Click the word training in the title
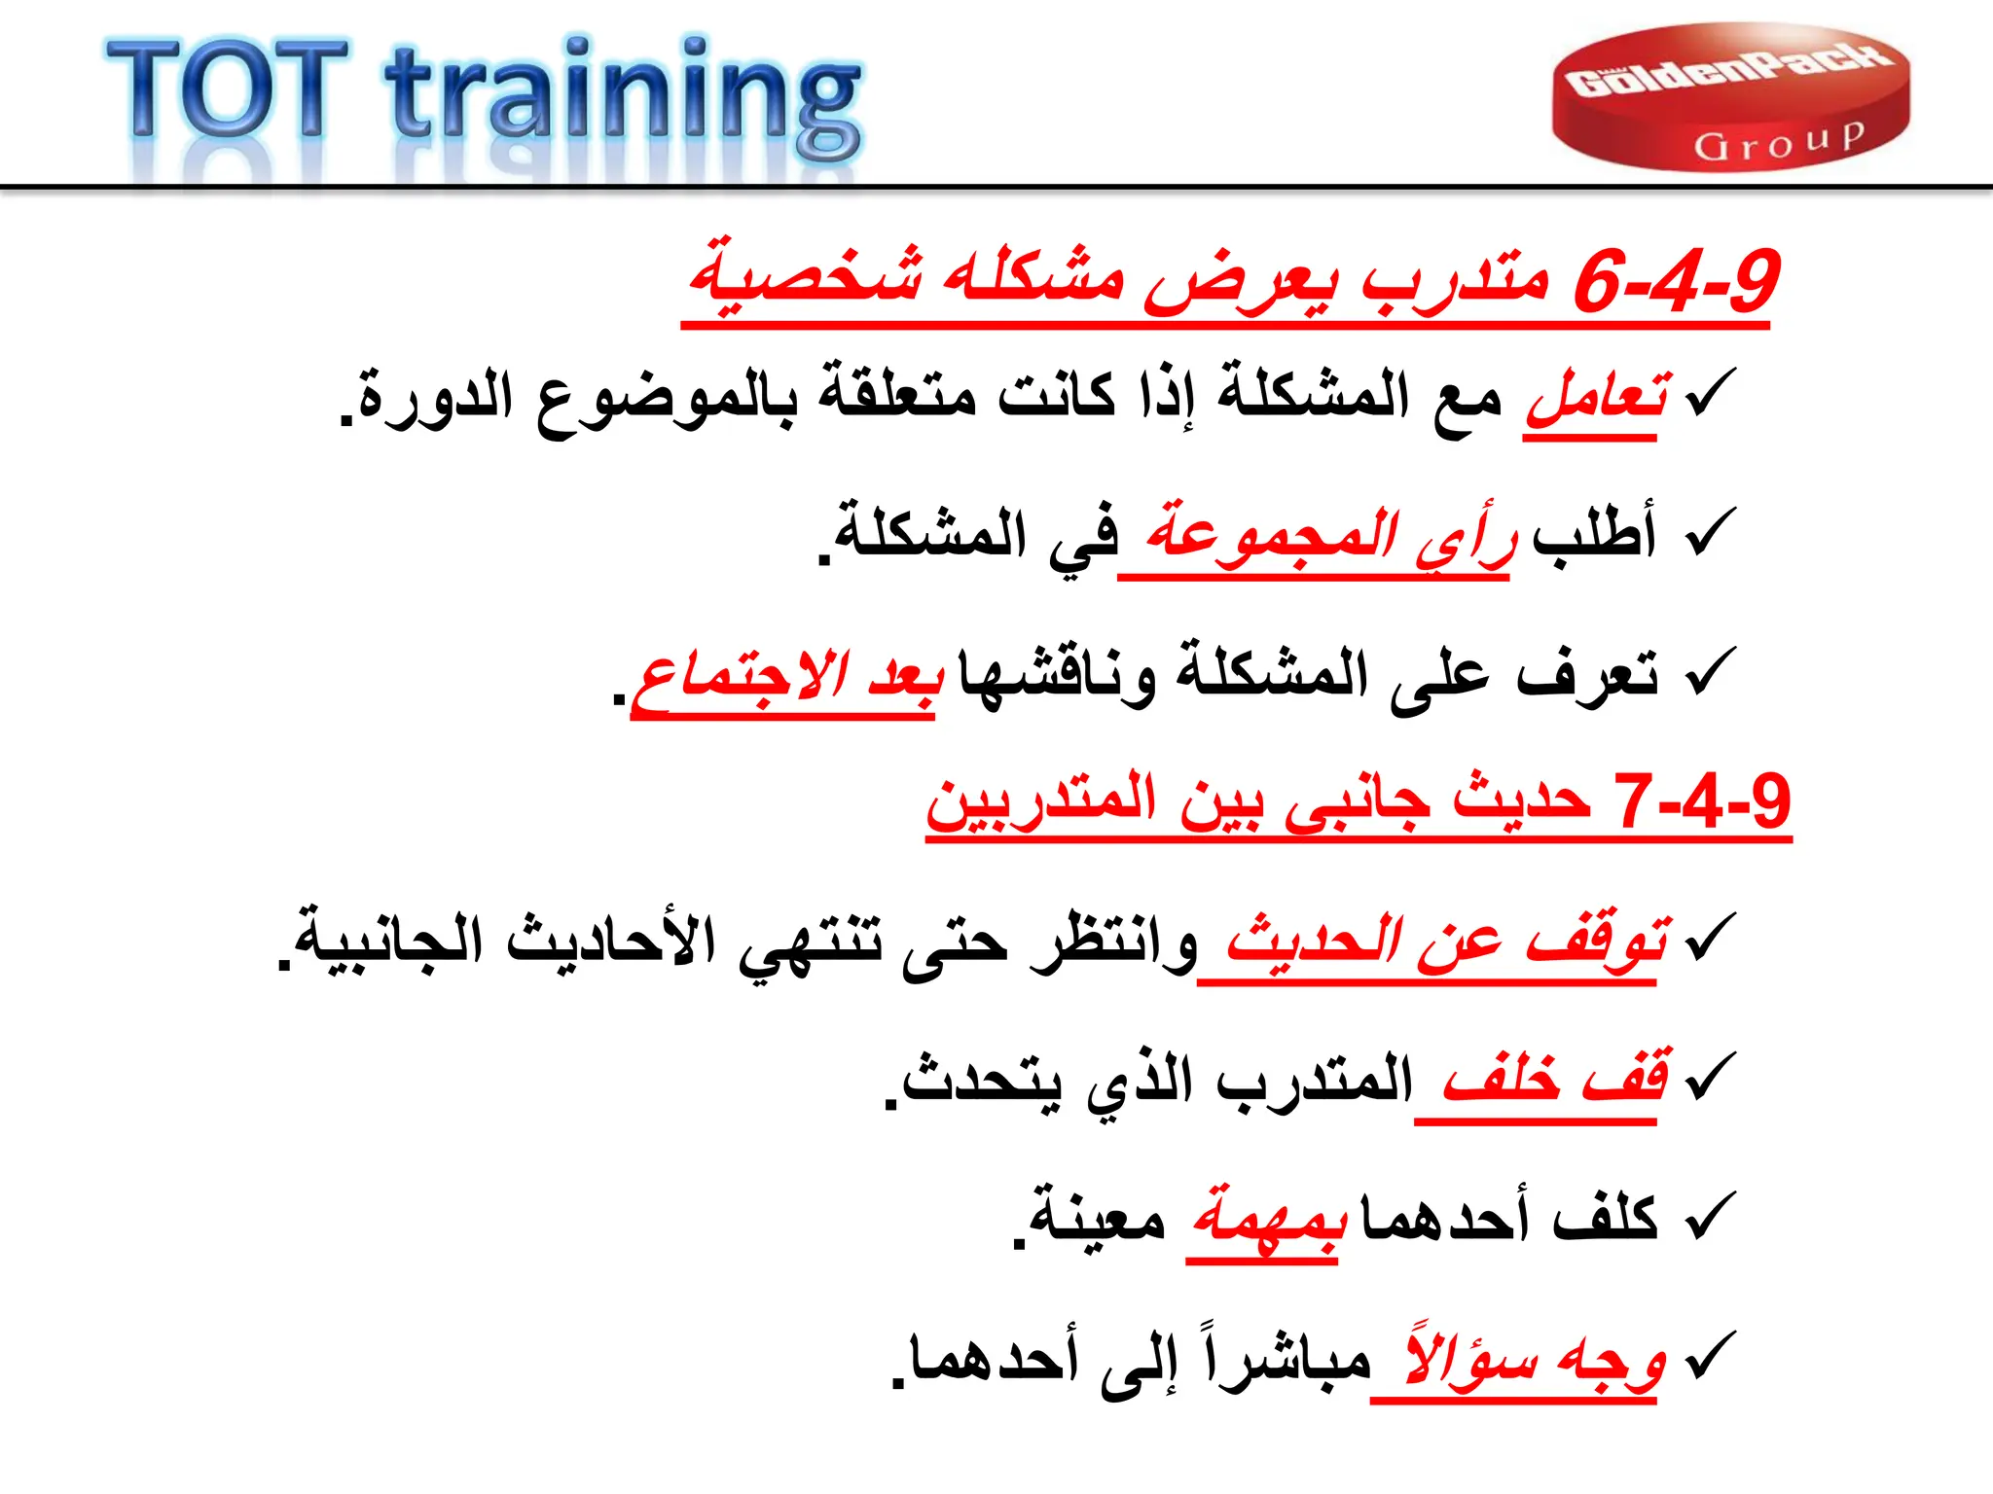[x=623, y=97]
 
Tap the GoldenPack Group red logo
[x=1729, y=97]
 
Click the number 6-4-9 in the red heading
[x=1676, y=281]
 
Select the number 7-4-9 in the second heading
[x=1702, y=802]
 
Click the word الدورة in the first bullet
[x=433, y=400]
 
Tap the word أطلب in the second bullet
[x=1594, y=536]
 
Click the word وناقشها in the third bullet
[x=1057, y=676]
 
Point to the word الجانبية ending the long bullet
[x=389, y=943]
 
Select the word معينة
[x=1096, y=1220]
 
